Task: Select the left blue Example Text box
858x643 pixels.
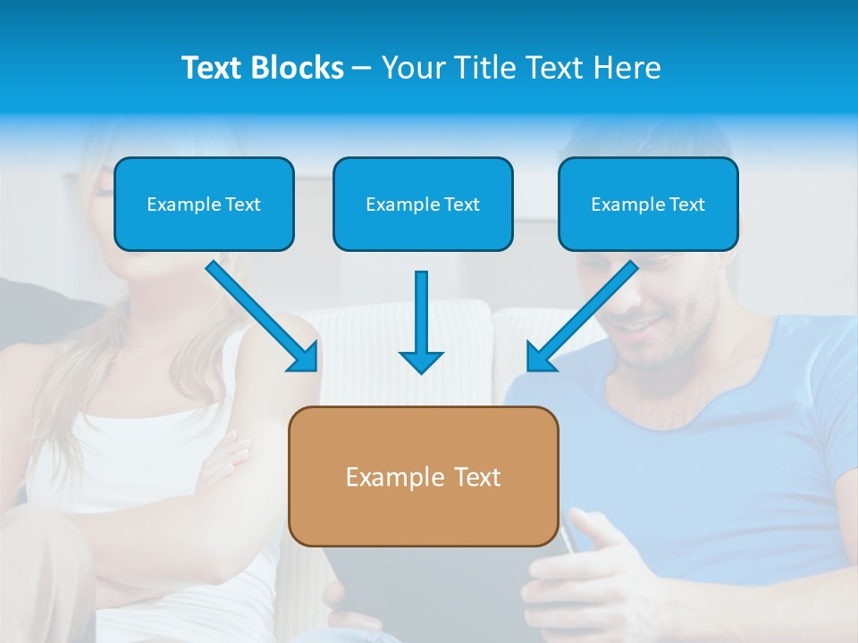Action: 204,204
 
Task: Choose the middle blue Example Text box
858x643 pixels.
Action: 423,204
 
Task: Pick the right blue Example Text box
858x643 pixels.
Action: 648,204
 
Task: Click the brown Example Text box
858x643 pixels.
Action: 423,476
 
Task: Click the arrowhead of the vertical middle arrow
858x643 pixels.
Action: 421,361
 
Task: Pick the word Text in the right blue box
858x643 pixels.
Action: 687,205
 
